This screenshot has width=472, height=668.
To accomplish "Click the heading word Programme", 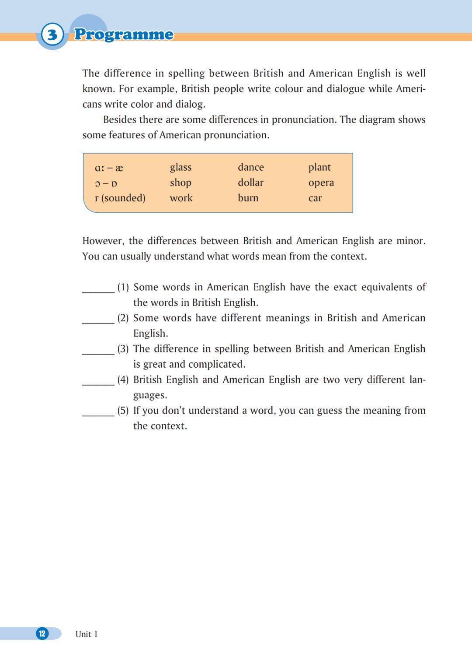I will click(124, 34).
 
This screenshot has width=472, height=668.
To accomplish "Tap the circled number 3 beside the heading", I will click(52, 34).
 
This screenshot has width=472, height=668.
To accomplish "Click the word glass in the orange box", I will click(180, 167).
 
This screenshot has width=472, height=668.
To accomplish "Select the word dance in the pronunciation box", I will click(250, 167).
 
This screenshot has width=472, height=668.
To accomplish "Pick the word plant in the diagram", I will click(319, 167).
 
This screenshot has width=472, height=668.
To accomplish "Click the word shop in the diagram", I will click(180, 183).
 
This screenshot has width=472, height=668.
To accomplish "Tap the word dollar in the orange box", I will click(250, 183).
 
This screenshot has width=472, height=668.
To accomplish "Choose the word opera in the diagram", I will click(321, 183).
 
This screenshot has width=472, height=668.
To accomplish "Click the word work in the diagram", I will click(181, 198).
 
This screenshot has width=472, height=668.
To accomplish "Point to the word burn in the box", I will click(248, 198).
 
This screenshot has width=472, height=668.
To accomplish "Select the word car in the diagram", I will click(315, 198).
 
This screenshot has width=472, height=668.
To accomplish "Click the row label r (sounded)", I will click(120, 198).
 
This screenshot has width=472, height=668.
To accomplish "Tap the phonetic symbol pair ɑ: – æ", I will click(109, 168).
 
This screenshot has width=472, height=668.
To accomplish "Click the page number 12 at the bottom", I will click(42, 633).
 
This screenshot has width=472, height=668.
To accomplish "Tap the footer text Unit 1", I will click(86, 634).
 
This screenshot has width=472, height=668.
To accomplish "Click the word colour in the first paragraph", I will click(288, 89).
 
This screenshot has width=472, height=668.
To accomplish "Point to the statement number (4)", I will click(123, 380).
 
